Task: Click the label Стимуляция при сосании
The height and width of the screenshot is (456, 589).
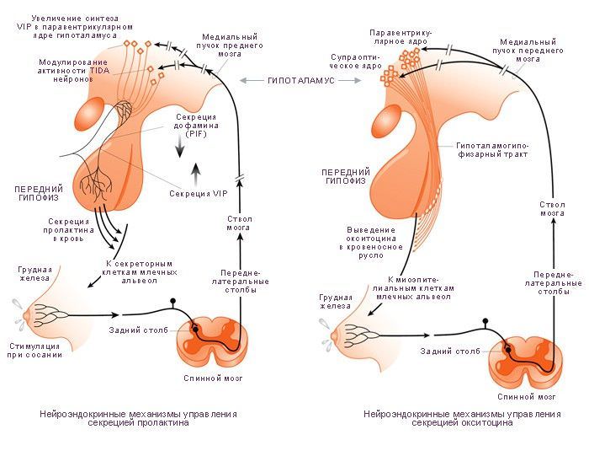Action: click(x=34, y=349)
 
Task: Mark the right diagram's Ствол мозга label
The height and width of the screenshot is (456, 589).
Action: click(x=552, y=209)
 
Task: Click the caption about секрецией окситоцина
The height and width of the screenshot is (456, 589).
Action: click(x=462, y=419)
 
